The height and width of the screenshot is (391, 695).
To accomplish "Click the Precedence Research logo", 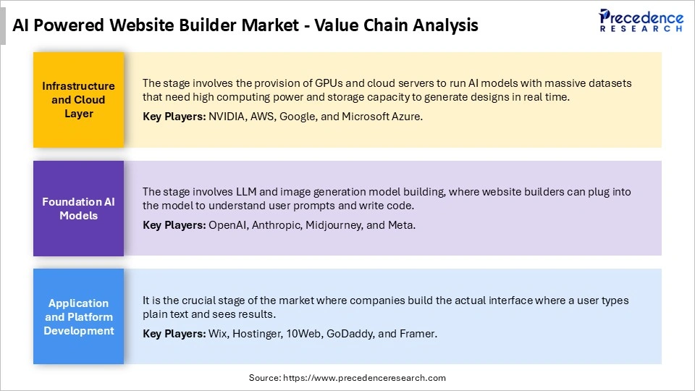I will click(641, 20).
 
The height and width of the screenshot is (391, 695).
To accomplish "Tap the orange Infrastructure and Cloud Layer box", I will click(78, 100).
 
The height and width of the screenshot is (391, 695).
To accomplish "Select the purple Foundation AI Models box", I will click(78, 209).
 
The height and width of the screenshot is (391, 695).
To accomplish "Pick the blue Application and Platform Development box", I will click(78, 316).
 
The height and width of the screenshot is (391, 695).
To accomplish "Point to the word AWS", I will click(259, 116).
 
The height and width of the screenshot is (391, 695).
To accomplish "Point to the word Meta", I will click(400, 224).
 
